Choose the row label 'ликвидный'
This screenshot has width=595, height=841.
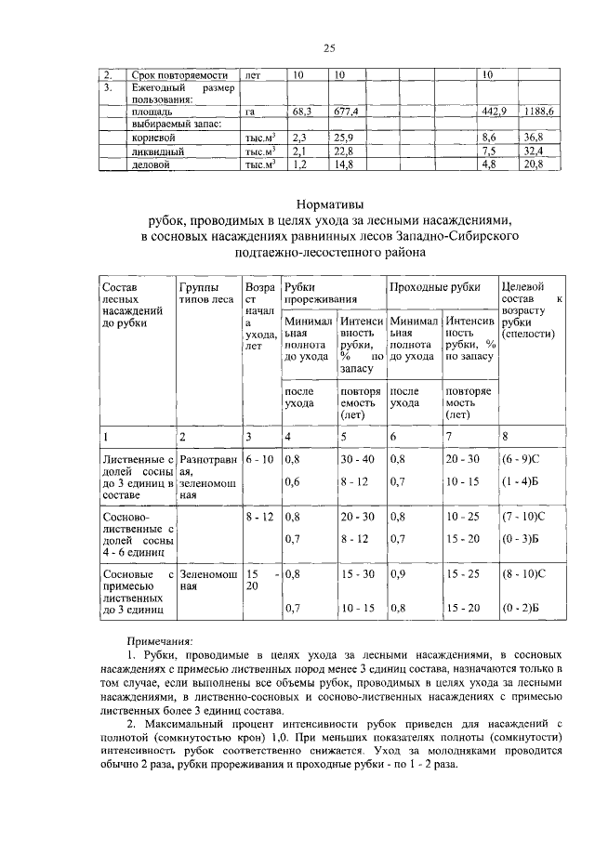(x=155, y=151)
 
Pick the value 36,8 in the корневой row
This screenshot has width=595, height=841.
(x=534, y=138)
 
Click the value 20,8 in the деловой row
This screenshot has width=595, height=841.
(x=534, y=164)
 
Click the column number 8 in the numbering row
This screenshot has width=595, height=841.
(x=504, y=436)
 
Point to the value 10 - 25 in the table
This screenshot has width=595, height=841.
(x=463, y=516)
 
